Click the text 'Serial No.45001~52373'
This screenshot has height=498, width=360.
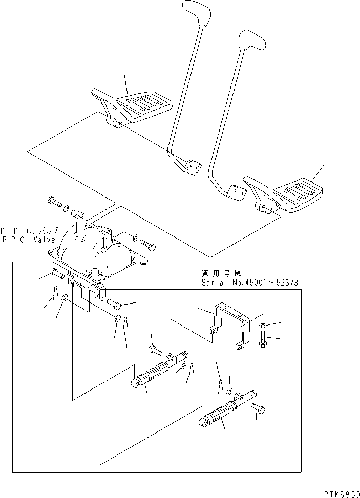[249, 283]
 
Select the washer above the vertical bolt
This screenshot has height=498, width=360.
[262, 326]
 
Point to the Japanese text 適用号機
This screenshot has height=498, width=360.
[220, 274]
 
